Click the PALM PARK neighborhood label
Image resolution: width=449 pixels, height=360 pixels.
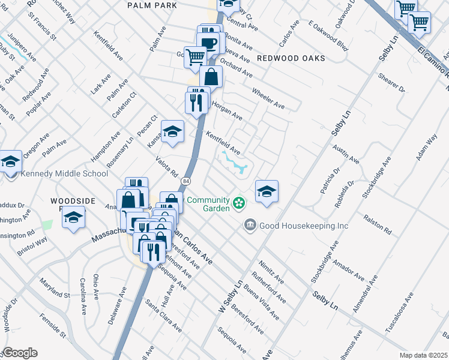click(152, 5)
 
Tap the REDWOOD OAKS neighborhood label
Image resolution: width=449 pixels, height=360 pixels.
click(291, 58)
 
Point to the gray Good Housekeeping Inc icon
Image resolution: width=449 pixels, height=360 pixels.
click(250, 226)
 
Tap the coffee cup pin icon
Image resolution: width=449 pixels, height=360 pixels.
click(209, 43)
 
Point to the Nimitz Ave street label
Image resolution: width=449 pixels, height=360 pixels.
click(271, 271)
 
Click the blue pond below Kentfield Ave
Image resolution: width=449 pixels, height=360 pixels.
click(237, 163)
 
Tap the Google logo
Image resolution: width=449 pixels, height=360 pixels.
click(20, 353)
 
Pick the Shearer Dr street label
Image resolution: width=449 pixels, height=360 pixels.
click(392, 83)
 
